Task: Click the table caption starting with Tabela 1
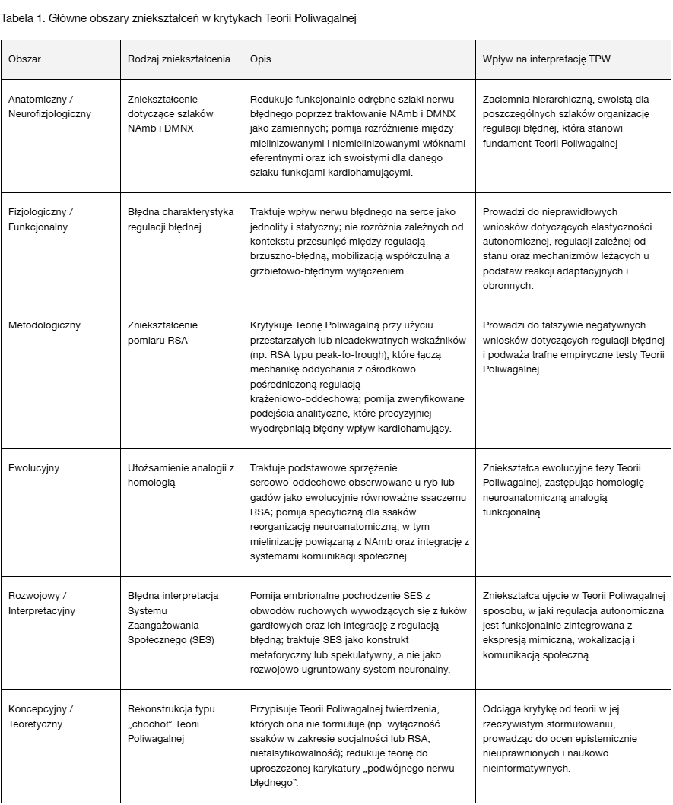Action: coord(179,19)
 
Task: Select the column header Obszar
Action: coord(25,59)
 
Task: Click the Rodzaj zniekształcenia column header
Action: coord(179,59)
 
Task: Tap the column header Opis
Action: coord(260,59)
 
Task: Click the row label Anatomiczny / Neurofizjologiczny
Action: coord(49,106)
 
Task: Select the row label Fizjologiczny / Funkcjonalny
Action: coord(40,219)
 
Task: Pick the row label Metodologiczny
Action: coord(44,325)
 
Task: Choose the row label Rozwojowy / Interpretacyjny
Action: coord(42,603)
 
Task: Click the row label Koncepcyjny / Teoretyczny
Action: coord(40,716)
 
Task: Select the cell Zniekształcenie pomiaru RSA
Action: coord(163,332)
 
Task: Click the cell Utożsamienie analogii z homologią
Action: coord(180,475)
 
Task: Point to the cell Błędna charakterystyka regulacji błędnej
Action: coord(180,219)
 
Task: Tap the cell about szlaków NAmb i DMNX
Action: coord(166,114)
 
